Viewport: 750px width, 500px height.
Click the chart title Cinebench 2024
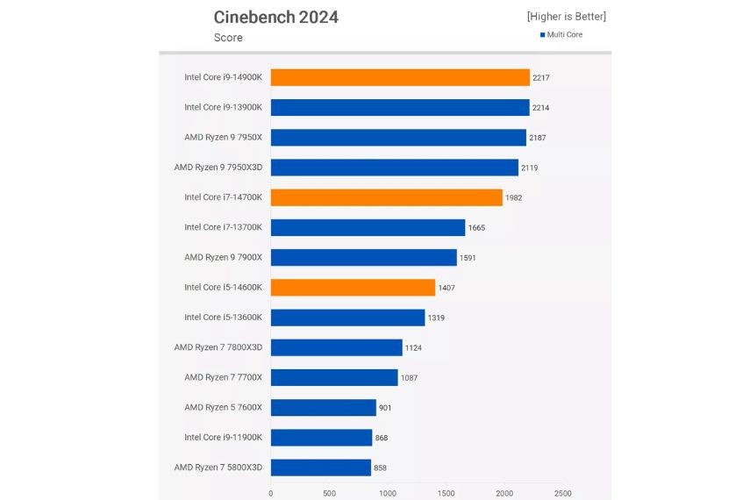(275, 18)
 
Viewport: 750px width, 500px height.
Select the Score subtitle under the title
(228, 38)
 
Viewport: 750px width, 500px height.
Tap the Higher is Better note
(566, 17)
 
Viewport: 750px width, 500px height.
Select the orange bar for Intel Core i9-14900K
(400, 77)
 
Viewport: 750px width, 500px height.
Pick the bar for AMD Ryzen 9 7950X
(398, 138)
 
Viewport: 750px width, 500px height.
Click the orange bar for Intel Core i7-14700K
(386, 197)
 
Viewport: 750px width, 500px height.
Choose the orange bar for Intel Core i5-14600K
(353, 287)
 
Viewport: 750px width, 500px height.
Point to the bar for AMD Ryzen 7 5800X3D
(320, 467)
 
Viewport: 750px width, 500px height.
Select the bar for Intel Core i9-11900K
(321, 437)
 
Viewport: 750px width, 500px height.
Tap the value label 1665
(476, 228)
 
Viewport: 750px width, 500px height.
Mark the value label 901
(386, 408)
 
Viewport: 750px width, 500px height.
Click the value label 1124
(413, 348)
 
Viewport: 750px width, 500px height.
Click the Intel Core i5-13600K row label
(223, 317)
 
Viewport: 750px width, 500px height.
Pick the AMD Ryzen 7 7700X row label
(223, 377)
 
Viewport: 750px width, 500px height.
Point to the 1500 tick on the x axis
(446, 493)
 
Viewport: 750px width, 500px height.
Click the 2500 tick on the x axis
(562, 493)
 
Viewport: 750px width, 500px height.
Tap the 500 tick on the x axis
(329, 493)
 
